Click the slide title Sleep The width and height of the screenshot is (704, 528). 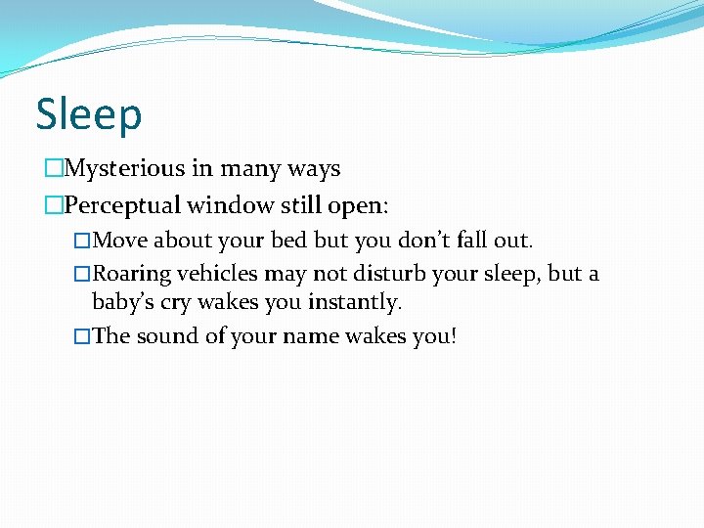89,114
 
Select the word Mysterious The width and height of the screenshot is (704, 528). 124,169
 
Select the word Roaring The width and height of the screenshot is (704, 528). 132,274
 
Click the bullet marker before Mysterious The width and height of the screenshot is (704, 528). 53,169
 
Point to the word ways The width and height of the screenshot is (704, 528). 315,169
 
